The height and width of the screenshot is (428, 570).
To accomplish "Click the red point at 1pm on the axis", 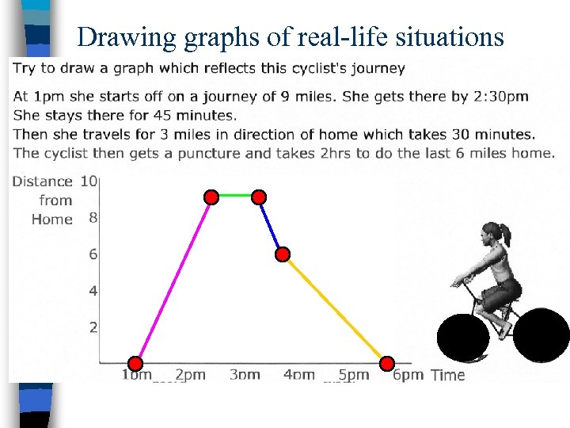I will pyautogui.click(x=136, y=364).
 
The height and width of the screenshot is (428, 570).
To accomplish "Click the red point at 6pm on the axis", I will pyautogui.click(x=387, y=364).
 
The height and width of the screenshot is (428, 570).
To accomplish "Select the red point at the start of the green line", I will pyautogui.click(x=211, y=197).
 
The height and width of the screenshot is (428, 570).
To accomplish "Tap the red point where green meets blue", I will pyautogui.click(x=259, y=197).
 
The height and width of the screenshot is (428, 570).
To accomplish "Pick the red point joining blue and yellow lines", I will pyautogui.click(x=283, y=254).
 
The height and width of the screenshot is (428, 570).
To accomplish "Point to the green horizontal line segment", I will pyautogui.click(x=235, y=195).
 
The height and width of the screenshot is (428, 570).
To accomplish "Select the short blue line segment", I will pyautogui.click(x=271, y=226).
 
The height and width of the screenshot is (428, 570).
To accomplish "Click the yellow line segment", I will pyautogui.click(x=335, y=309).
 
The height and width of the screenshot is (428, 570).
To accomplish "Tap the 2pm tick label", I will pyautogui.click(x=190, y=375).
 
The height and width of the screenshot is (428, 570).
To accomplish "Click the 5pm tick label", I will pyautogui.click(x=353, y=375).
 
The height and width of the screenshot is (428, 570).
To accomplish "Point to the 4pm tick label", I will pyautogui.click(x=298, y=375).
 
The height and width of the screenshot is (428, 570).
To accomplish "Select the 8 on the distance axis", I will pyautogui.click(x=93, y=217).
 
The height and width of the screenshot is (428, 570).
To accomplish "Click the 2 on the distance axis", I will pyautogui.click(x=93, y=327).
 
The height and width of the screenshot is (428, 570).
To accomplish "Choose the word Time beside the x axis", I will pyautogui.click(x=448, y=376).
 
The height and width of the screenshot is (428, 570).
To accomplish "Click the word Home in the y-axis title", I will pyautogui.click(x=52, y=220).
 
